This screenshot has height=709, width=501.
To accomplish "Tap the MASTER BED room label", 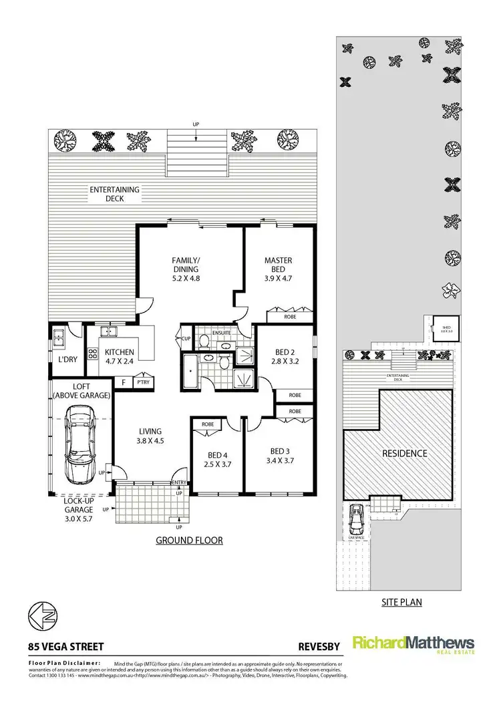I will coord(278,265).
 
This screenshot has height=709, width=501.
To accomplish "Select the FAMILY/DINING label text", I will coord(186,265).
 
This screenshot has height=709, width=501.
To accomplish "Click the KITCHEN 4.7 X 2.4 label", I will coord(120,356).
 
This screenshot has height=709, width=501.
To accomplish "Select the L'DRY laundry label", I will coord(67,360).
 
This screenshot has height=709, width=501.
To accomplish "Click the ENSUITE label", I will coord(222,332).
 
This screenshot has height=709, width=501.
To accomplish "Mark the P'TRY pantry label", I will coord(142,383).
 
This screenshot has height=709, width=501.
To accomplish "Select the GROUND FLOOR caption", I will coord(189,540).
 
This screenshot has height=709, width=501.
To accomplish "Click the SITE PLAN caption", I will coord(401,601).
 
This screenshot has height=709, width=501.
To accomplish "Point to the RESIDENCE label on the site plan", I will coord(404,453).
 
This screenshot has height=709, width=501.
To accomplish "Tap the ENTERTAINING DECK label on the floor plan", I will coord(115,194).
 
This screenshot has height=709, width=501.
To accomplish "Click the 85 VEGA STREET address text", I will coord(65,646).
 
